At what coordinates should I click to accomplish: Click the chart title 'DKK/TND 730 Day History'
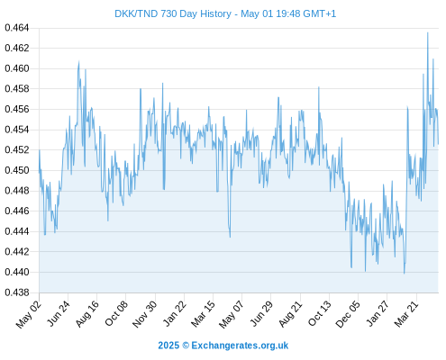[x=173, y=13]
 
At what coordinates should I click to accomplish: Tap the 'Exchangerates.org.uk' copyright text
[x=240, y=346]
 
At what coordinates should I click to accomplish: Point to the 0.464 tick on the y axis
[x=17, y=28]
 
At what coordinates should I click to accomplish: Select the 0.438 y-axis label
[x=17, y=292]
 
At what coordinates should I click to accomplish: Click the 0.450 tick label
[x=17, y=170]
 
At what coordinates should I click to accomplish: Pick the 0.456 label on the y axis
[x=17, y=109]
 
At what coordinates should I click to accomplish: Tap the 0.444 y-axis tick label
[x=17, y=231]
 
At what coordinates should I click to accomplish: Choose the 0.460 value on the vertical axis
[x=17, y=68]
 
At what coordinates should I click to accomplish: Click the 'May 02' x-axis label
[x=28, y=314]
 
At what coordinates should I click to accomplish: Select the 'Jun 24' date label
[x=59, y=313]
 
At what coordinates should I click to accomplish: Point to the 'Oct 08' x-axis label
[x=116, y=313]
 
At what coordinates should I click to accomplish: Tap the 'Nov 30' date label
[x=144, y=314]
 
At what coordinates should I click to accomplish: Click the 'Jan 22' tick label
[x=174, y=313]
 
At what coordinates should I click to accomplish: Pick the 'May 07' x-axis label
[x=231, y=314]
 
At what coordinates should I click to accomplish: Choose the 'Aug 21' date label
[x=290, y=313]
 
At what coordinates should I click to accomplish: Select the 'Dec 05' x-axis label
[x=348, y=314]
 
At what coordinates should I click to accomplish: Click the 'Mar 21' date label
[x=406, y=313]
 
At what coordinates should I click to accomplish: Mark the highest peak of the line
[x=428, y=32]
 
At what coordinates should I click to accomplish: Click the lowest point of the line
[x=405, y=274]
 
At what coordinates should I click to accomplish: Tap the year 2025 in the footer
[x=168, y=346]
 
